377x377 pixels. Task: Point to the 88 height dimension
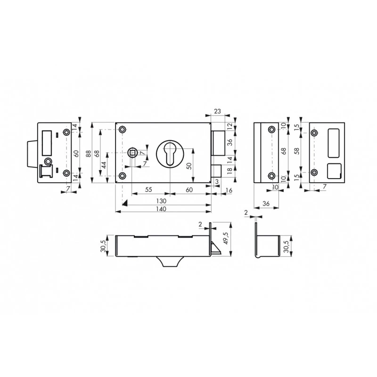click(x=89, y=153)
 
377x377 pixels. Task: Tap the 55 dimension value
click(x=148, y=189)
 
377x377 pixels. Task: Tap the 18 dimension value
click(x=229, y=172)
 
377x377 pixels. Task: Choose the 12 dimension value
click(x=229, y=126)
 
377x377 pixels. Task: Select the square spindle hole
click(x=133, y=152)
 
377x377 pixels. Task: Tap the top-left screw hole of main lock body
click(x=123, y=130)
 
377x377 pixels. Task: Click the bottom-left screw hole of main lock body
click(x=123, y=176)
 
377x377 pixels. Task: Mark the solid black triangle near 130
click(x=125, y=202)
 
